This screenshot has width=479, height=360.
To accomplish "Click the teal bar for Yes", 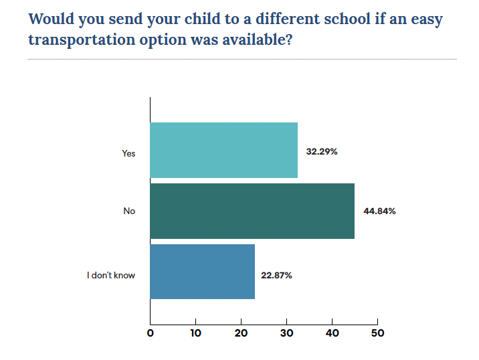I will (223, 151).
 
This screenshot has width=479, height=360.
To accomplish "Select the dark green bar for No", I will (252, 211).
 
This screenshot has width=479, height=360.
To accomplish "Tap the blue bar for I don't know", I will (202, 272).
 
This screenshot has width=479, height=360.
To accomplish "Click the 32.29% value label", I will (322, 152).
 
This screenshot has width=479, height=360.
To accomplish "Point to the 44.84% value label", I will (379, 211).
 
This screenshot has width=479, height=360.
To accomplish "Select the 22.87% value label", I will (276, 275).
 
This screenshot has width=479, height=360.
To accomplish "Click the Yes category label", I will (128, 153).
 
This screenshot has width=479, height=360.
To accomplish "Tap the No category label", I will (129, 211).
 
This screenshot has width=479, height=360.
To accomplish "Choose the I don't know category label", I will (111, 275).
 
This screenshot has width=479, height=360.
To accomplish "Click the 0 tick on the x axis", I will (151, 333).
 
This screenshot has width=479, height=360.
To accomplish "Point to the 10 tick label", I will (195, 333).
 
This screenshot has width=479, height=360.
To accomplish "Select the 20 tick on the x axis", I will (241, 333).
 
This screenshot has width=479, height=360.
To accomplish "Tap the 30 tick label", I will (286, 333).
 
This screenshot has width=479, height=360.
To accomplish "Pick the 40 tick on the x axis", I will (332, 333).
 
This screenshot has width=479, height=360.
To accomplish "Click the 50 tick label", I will (377, 333).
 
